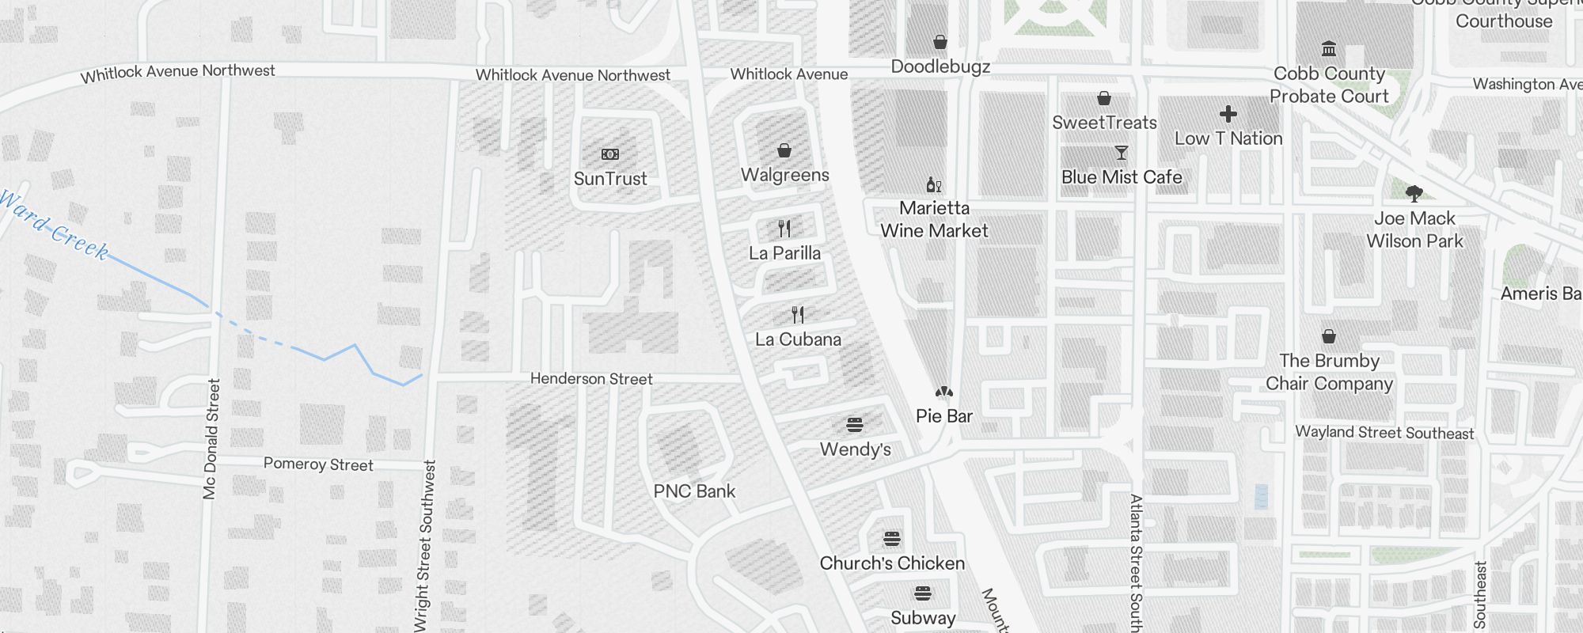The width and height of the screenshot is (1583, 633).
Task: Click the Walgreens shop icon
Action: pos(784,150)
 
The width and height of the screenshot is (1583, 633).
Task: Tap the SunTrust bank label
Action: pos(610,179)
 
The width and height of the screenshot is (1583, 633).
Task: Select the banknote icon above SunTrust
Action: pos(610,154)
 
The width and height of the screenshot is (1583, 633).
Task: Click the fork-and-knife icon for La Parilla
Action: pos(784,229)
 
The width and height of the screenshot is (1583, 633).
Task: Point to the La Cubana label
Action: pos(798,339)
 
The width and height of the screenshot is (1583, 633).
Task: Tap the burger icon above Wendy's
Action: pos(855,425)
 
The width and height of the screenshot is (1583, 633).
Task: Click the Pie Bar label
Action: pos(943,416)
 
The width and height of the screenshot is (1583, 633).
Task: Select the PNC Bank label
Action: pos(694,491)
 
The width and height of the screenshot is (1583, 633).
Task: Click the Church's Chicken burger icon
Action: pos(892,539)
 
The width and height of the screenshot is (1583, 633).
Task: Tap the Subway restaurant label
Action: pos(923,618)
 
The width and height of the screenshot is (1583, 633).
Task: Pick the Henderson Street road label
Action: pos(591,379)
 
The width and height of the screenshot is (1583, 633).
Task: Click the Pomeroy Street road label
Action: pos(318,464)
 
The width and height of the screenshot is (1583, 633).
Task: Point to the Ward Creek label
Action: pos(54,226)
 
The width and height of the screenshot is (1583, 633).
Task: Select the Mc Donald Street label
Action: pos(211,439)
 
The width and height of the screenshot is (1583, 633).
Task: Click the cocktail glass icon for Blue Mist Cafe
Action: pos(1121,153)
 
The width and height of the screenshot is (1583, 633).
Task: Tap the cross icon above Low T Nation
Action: pos(1228,114)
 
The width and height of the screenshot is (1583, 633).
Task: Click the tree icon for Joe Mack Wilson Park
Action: pos(1414,193)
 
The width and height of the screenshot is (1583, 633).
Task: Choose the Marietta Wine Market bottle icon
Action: pos(934,185)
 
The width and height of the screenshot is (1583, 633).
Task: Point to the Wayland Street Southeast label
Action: pos(1384,433)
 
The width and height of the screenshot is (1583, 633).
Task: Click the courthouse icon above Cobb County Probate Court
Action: pos(1329,49)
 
